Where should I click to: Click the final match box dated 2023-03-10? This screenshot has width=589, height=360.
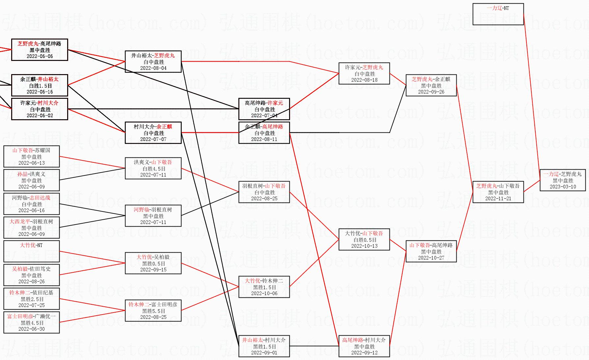tap(563, 180)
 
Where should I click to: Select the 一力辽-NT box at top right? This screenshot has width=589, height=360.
tap(498, 14)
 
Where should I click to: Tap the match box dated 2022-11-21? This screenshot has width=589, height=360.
tap(498, 192)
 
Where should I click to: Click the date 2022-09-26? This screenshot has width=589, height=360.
tap(431, 92)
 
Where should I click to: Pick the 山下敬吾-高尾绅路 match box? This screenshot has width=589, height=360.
tap(431, 251)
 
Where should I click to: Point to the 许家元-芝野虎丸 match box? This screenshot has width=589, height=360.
tap(364, 73)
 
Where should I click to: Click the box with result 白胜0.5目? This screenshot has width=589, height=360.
tap(364, 239)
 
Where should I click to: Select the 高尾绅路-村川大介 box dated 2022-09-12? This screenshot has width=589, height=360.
tap(364, 346)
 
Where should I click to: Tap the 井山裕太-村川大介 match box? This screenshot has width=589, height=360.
tap(264, 346)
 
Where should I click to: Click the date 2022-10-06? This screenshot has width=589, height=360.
tap(264, 293)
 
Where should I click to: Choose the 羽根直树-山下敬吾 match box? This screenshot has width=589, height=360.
tap(264, 192)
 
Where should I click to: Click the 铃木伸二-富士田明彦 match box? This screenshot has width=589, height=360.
tap(153, 311)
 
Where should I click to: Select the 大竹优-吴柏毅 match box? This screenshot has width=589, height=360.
tap(153, 263)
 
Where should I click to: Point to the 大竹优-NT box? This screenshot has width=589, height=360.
tap(32, 251)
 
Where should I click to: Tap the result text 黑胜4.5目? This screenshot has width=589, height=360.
tap(32, 323)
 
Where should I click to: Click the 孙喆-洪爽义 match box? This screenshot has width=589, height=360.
tap(32, 180)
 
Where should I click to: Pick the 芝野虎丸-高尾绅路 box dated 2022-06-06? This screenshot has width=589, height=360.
tap(40, 50)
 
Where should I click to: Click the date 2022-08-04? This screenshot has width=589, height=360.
tap(153, 68)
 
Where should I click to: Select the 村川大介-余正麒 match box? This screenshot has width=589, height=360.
tap(153, 133)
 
